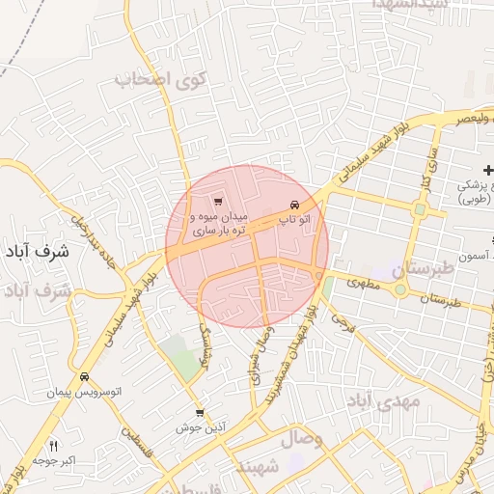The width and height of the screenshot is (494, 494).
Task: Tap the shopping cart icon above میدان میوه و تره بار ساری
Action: pyautogui.click(x=218, y=202)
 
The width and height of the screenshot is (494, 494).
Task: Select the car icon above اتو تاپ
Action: pyautogui.click(x=295, y=205)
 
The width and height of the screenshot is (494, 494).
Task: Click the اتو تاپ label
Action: pyautogui.click(x=295, y=221)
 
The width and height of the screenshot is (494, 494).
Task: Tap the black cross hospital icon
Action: pyautogui.click(x=487, y=168)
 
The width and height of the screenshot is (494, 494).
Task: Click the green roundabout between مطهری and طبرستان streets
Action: pyautogui.click(x=399, y=289)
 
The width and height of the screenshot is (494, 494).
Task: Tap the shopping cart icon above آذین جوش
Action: pyautogui.click(x=199, y=412)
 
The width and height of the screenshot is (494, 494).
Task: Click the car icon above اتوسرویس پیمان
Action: pyautogui.click(x=85, y=377)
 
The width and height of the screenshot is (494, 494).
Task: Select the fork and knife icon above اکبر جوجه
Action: pyautogui.click(x=53, y=447)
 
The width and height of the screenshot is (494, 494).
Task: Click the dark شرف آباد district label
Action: pyautogui.click(x=37, y=252)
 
